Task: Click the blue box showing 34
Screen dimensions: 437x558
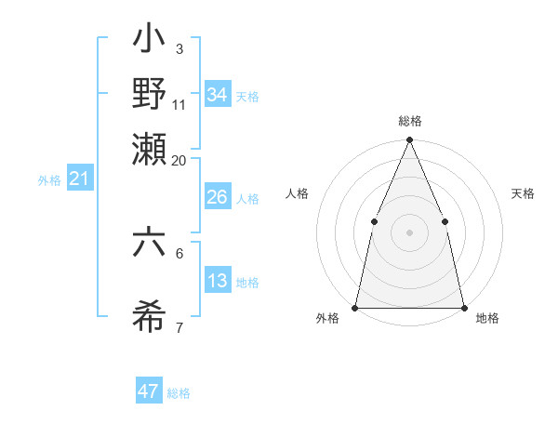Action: tap(218, 94)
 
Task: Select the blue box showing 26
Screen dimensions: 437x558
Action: tap(218, 197)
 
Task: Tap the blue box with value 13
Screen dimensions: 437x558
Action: tap(218, 281)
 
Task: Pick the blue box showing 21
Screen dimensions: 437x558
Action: tap(79, 179)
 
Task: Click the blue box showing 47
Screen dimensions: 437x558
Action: tap(149, 391)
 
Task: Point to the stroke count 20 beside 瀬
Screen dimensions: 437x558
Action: tap(179, 160)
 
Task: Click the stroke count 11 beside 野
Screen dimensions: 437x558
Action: tap(179, 104)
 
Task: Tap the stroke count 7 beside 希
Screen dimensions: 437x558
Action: tap(179, 327)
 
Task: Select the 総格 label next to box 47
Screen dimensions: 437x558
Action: tap(179, 393)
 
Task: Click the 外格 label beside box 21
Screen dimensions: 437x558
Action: tap(48, 180)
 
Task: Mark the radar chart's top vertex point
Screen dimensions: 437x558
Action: tap(409, 140)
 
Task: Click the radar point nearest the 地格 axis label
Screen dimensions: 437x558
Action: tap(463, 307)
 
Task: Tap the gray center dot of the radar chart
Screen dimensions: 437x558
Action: tap(409, 232)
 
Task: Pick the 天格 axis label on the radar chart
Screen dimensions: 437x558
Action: tap(524, 193)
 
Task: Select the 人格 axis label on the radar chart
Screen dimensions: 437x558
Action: tap(298, 193)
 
